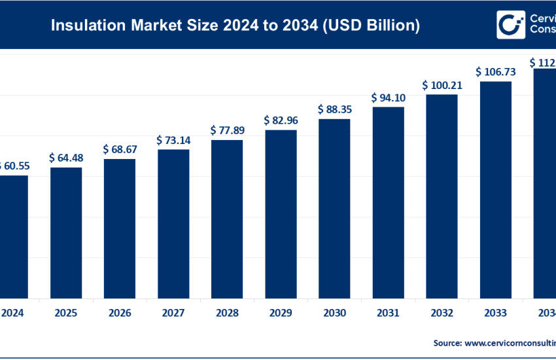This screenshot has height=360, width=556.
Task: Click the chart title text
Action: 235,26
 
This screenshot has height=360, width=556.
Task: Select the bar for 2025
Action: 66,232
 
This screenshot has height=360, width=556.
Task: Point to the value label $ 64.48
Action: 66,158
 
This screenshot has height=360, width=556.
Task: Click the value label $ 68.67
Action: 120,149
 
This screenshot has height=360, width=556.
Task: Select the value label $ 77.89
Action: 227,130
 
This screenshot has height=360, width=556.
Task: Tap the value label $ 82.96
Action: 281,120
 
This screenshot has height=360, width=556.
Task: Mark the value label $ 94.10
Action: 388,98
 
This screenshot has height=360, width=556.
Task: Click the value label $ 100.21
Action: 442,85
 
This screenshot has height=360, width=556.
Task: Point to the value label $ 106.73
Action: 495,71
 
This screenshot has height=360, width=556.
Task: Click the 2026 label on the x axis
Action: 120,313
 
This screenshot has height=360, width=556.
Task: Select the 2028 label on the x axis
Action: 227,313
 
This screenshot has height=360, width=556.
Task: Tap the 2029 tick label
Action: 281,313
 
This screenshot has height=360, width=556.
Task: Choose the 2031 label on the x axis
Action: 388,313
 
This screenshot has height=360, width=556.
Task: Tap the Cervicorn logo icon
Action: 508,24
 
